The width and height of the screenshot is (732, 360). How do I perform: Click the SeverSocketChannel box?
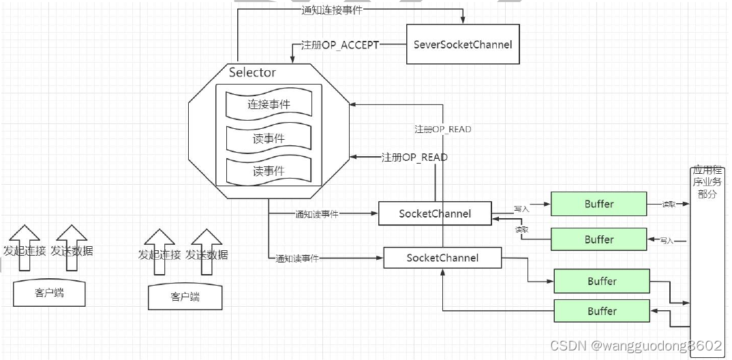click(463, 44)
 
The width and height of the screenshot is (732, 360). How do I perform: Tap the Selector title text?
click(252, 72)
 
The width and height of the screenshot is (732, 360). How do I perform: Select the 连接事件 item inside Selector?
click(269, 104)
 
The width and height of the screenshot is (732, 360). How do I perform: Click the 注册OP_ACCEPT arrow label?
click(339, 44)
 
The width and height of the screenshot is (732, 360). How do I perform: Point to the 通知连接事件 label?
click(332, 10)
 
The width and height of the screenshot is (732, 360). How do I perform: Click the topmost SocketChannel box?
click(435, 213)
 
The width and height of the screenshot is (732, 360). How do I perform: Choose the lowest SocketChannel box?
click(442, 258)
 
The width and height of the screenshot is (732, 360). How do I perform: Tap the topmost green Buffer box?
click(598, 204)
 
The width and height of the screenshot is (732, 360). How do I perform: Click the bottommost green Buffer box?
click(602, 311)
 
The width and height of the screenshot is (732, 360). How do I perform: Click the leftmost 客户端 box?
click(50, 293)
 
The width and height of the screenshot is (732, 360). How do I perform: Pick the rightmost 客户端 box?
click(185, 297)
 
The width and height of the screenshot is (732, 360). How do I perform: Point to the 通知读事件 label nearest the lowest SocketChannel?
click(297, 258)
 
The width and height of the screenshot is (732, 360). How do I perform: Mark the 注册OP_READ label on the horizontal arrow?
click(414, 157)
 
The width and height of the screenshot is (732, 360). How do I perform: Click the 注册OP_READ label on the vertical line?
click(442, 129)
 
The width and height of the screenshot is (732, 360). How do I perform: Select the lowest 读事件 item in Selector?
click(269, 171)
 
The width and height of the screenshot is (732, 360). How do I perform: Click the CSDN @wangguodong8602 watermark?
click(635, 346)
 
